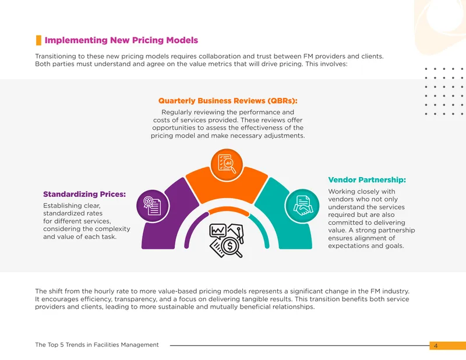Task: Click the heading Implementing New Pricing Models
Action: [x=121, y=40]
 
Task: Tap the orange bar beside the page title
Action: [x=38, y=40]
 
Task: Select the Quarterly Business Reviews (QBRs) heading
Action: [x=228, y=101]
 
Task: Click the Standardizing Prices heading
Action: [x=84, y=194]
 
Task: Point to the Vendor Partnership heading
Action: [x=367, y=180]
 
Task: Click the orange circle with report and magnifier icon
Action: [x=227, y=164]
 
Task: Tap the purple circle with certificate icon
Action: [x=153, y=206]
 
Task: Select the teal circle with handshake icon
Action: [x=302, y=206]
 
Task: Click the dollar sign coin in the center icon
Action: [x=230, y=246]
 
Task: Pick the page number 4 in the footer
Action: [x=436, y=346]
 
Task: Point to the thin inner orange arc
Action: [x=228, y=211]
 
